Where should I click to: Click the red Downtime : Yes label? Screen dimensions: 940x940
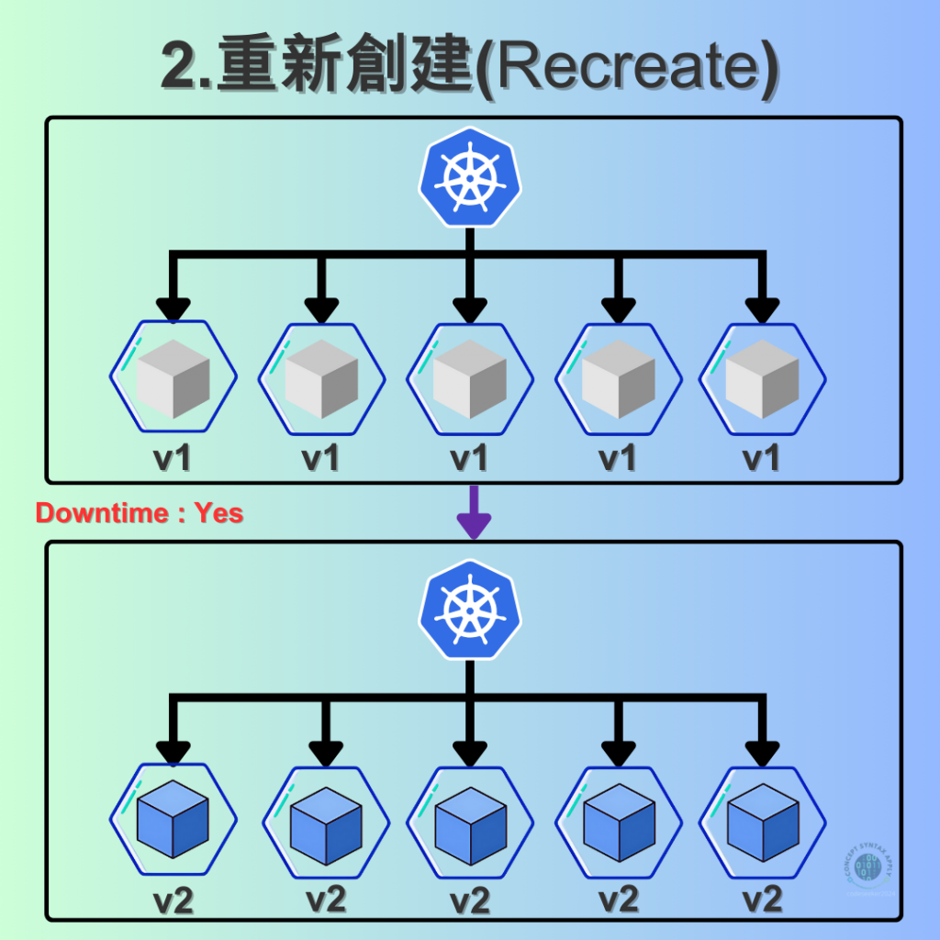[x=140, y=513]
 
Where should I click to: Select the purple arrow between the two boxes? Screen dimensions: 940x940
[x=474, y=513]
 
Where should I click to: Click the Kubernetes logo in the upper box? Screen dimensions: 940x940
[x=470, y=175]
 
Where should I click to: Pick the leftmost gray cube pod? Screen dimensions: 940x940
[x=173, y=376]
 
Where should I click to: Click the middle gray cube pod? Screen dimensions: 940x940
[x=470, y=376]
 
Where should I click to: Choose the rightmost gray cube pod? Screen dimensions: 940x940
[x=762, y=376]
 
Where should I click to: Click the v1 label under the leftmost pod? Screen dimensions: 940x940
[x=173, y=457]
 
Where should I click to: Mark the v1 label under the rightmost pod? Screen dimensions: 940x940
[x=761, y=457]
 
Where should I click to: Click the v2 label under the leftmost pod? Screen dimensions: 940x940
[x=173, y=899]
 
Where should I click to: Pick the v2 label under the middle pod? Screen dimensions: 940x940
[x=470, y=899]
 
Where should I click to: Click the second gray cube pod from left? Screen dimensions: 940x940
[x=321, y=376]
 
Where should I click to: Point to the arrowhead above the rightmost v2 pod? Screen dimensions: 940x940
[x=762, y=752]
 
